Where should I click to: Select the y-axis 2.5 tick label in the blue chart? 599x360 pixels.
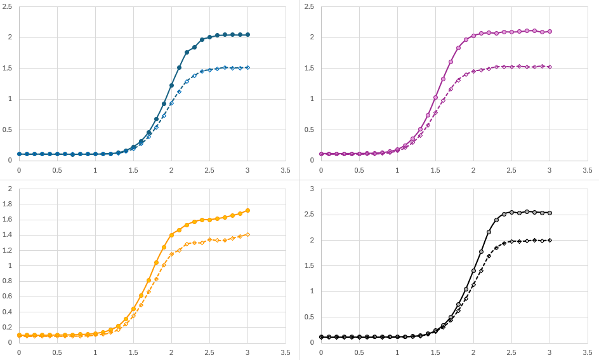(9, 6)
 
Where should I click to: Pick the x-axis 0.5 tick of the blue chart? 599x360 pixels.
(57, 170)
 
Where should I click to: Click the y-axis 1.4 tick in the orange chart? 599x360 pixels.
(9, 235)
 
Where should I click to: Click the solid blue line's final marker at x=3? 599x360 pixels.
(247, 34)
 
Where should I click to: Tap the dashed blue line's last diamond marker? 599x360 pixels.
(247, 67)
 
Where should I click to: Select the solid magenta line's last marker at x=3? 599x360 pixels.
(550, 31)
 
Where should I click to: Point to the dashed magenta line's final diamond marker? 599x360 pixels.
(550, 67)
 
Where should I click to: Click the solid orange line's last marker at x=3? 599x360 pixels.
(247, 210)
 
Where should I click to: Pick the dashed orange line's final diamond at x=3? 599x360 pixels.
(247, 234)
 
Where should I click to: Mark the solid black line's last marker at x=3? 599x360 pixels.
(550, 213)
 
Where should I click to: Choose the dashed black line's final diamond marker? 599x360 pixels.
(550, 240)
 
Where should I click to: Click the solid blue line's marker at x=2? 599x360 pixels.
(171, 85)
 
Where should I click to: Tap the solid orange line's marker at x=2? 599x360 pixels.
(171, 235)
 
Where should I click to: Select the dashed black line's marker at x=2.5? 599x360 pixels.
(511, 241)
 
